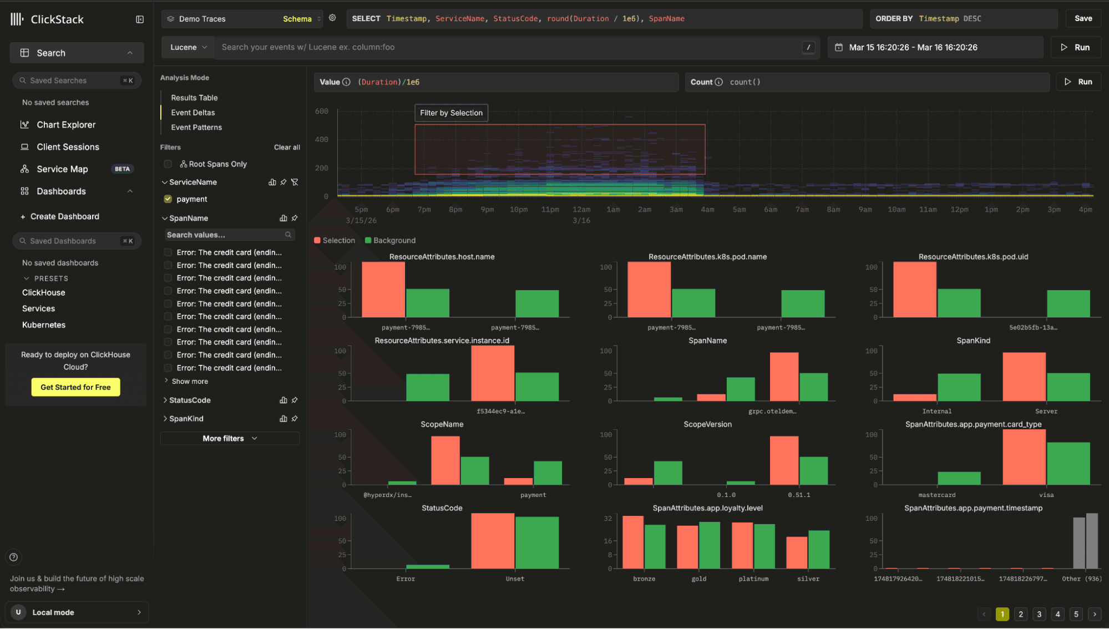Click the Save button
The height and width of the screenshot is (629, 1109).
tap(1083, 18)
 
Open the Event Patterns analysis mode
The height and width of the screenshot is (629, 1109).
tap(196, 127)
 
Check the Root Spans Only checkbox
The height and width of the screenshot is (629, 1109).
tap(168, 164)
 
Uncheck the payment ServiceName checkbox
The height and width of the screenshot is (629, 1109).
tap(168, 199)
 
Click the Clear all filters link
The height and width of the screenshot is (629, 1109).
tap(287, 147)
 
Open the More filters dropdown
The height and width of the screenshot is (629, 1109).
tap(230, 438)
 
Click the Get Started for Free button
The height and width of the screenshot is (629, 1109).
tap(75, 387)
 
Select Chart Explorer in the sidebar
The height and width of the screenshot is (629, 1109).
tap(66, 125)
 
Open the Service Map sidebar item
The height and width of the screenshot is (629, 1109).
tap(62, 169)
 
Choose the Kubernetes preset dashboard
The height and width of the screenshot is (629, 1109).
tap(44, 325)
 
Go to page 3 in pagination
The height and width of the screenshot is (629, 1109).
tap(1039, 614)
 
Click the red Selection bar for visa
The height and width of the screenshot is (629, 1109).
tap(1024, 458)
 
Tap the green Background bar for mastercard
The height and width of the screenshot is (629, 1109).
tap(959, 478)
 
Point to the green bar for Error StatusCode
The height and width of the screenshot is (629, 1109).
tap(427, 566)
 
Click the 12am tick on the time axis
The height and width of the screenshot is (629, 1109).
tap(581, 210)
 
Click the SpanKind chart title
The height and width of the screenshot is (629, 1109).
tap(973, 341)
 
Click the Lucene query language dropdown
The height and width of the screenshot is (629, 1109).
tap(188, 47)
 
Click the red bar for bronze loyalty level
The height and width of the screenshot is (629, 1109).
tap(633, 542)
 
